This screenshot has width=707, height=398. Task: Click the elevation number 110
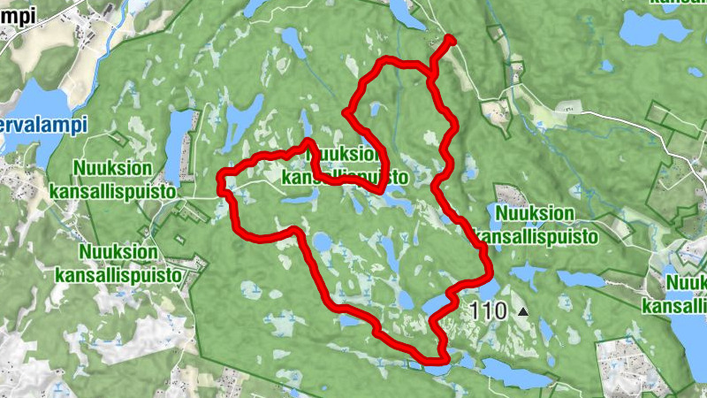coord(489,311)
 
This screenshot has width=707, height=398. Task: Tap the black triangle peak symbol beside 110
coord(523,311)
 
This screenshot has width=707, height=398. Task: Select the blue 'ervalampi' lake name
coord(44,125)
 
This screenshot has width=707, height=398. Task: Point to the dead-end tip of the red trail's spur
coord(450,39)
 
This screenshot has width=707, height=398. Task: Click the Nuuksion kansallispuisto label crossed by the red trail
coord(346,165)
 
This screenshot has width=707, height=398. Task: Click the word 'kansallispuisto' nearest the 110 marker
coord(536,236)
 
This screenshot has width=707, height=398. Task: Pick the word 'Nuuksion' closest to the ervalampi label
coord(114,168)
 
